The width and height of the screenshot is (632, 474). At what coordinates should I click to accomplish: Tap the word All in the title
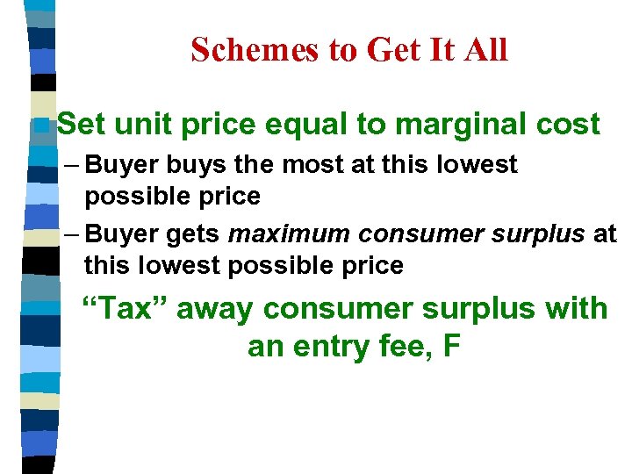click(x=485, y=50)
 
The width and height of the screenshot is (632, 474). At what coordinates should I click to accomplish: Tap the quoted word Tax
click(x=122, y=309)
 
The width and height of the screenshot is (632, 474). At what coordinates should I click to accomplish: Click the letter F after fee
click(x=451, y=347)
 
